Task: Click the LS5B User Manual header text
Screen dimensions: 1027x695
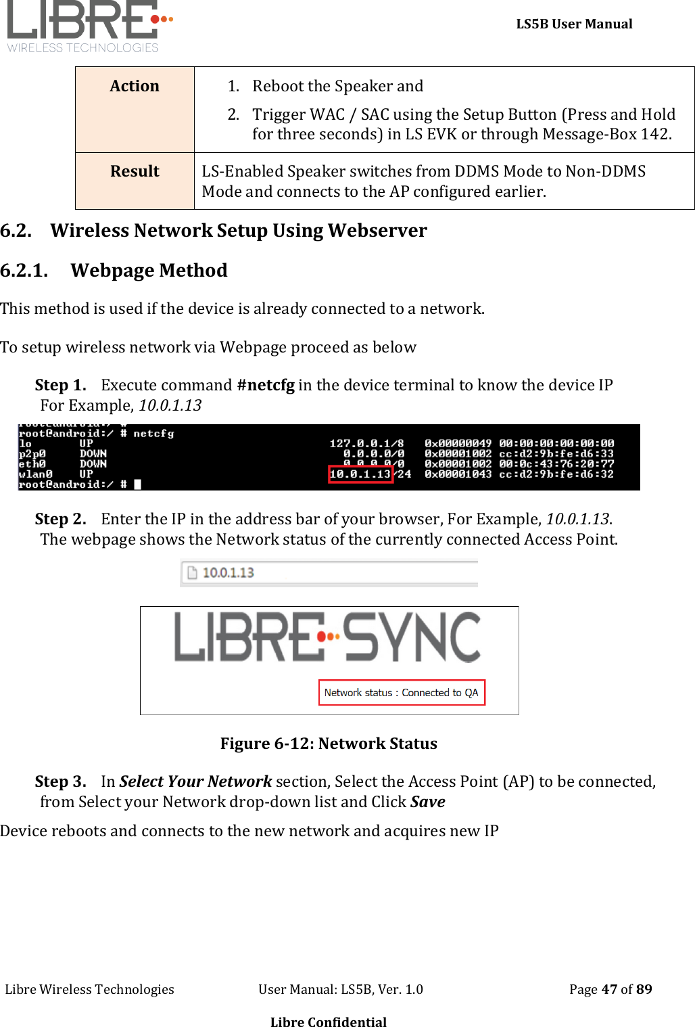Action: (574, 24)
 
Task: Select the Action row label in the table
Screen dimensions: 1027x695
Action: (135, 86)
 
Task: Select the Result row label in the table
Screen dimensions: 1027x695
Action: (135, 171)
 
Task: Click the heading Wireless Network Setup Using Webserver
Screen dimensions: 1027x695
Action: (238, 231)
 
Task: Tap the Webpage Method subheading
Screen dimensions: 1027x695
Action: (149, 271)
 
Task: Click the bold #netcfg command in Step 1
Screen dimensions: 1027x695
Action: (266, 385)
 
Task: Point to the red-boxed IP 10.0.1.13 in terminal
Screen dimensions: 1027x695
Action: (360, 474)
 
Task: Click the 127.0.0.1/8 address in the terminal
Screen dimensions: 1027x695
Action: (366, 443)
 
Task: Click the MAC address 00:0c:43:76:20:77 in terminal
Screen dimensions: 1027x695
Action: (556, 464)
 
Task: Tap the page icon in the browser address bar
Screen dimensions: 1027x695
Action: (192, 573)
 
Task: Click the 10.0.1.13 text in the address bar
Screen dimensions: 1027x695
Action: (229, 573)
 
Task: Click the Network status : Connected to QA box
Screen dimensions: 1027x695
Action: (402, 693)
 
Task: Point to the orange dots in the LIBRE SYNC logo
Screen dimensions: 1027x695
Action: (329, 637)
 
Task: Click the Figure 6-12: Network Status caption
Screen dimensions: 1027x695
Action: (329, 744)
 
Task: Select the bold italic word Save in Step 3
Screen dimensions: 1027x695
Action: (427, 802)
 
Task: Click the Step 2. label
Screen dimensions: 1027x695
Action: (60, 519)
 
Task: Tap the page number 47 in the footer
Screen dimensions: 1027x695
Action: (609, 989)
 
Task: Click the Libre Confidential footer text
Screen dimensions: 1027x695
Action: (329, 1022)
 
